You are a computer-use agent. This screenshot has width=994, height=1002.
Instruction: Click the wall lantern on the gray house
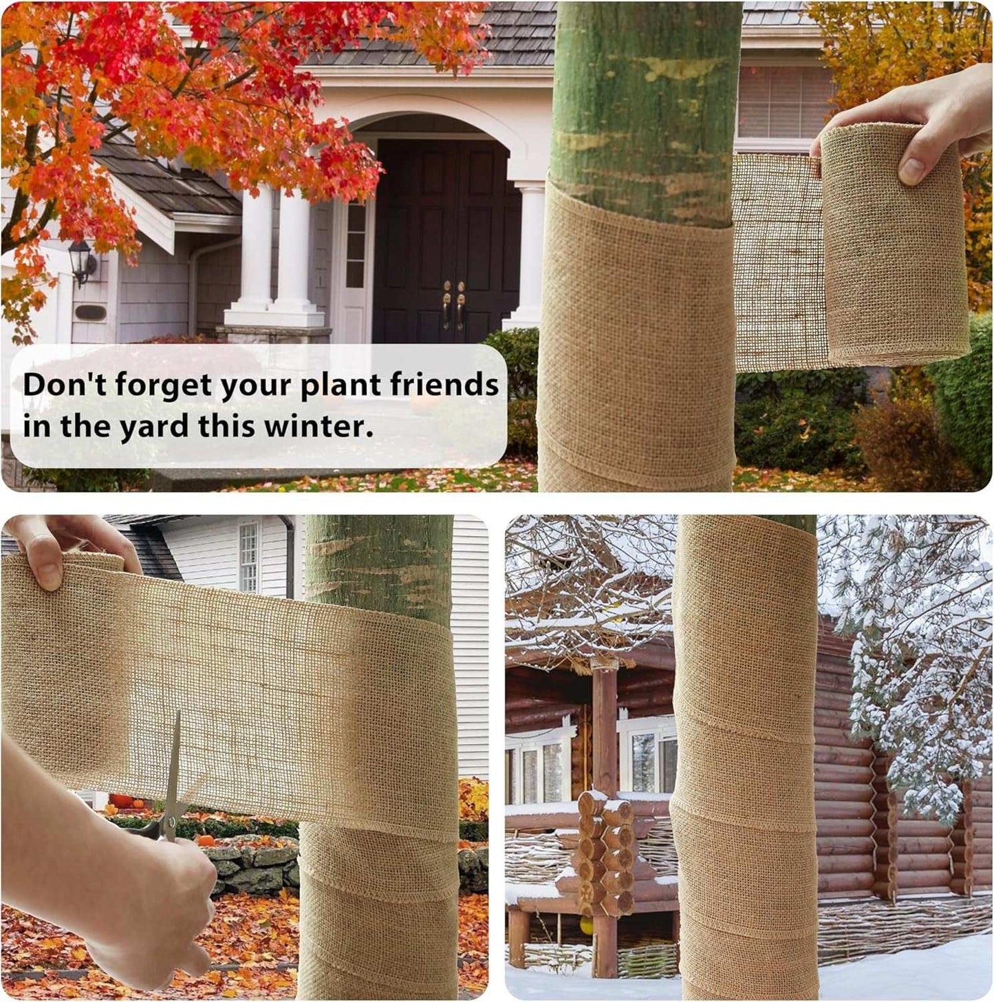click(82, 263)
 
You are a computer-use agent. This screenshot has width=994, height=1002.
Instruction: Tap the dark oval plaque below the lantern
click(91, 313)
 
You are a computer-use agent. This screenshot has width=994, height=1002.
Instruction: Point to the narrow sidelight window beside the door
click(356, 244)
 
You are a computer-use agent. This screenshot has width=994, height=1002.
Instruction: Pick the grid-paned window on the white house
click(248, 557)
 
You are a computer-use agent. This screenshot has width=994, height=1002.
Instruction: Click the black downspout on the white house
click(289, 556)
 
